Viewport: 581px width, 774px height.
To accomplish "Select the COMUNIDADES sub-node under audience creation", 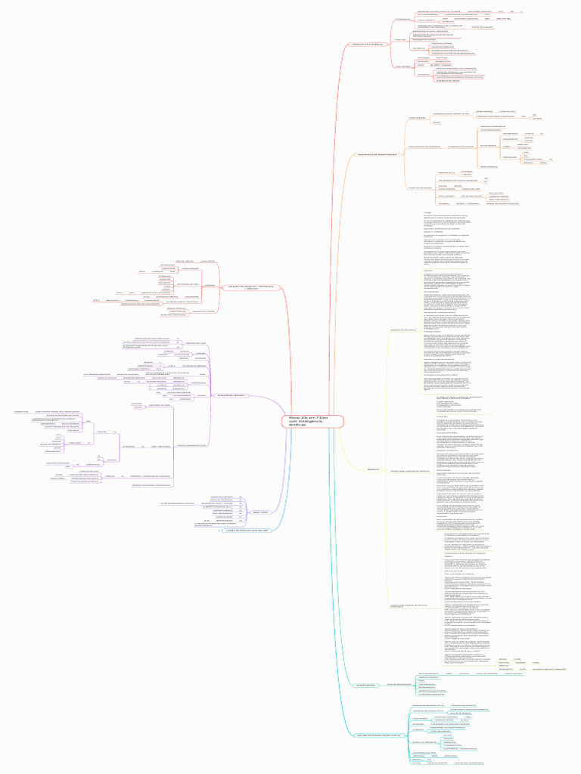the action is coord(402,18).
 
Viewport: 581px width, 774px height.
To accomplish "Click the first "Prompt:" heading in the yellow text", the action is coord(427,213).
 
